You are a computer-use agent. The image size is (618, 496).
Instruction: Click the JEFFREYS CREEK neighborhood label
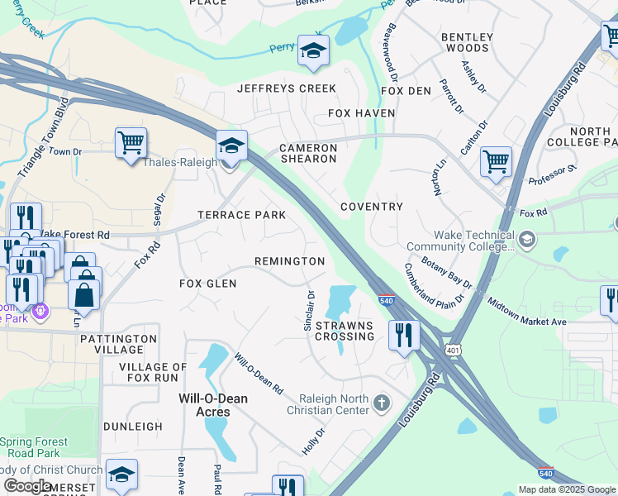287,88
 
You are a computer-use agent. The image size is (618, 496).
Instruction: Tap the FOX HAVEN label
362,113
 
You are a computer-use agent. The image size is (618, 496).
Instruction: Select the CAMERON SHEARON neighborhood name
308,155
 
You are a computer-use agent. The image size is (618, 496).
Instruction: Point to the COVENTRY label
372,207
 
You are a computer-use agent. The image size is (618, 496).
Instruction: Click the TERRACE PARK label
241,215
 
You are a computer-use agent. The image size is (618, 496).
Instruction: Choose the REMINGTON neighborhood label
289,261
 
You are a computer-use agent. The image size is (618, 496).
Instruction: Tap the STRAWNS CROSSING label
345,331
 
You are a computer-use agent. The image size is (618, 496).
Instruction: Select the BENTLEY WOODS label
467,42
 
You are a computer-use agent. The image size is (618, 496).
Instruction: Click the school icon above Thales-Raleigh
232,145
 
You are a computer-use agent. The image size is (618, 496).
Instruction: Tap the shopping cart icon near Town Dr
131,143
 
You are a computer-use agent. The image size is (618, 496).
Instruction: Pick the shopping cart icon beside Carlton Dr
496,161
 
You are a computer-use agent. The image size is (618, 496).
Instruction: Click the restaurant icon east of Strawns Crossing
403,335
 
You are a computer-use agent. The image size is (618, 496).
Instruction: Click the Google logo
28,486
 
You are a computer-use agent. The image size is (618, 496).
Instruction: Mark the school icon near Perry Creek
313,50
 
